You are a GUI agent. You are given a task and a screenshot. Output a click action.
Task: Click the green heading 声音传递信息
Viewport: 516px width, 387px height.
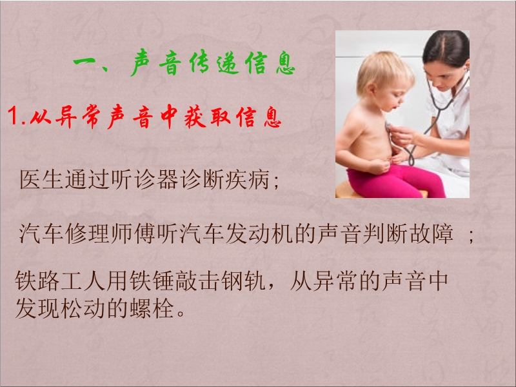[x=213, y=63]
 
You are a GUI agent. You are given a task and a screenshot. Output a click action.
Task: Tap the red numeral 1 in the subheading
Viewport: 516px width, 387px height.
[x=13, y=116]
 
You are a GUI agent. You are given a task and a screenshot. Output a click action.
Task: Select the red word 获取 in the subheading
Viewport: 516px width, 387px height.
[x=208, y=117]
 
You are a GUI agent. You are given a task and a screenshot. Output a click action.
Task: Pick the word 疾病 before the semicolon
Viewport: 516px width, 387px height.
[x=247, y=180]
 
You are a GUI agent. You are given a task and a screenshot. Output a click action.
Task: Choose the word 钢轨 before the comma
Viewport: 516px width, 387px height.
[x=243, y=281]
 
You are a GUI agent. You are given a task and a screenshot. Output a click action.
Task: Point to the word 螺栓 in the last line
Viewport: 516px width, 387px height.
[x=152, y=309]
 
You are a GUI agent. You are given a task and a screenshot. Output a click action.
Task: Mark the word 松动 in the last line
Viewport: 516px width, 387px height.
[x=83, y=309]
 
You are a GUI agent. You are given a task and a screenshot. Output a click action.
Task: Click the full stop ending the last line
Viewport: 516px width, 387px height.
[x=181, y=313]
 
